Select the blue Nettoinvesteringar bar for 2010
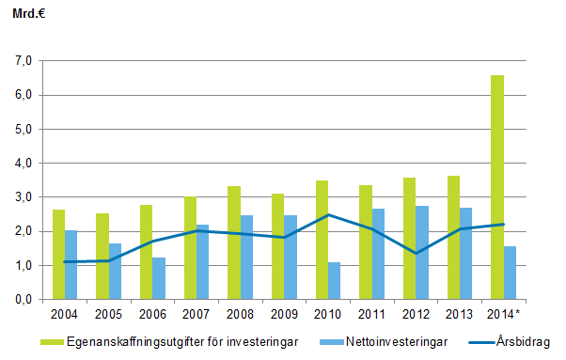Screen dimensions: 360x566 (335, 280)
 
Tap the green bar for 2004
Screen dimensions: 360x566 (58, 254)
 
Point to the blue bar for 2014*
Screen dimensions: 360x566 (511, 273)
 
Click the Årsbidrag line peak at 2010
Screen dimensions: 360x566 (328, 215)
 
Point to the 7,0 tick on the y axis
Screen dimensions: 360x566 (23, 61)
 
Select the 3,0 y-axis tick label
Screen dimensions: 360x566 (23, 197)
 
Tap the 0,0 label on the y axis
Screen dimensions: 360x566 (23, 300)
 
